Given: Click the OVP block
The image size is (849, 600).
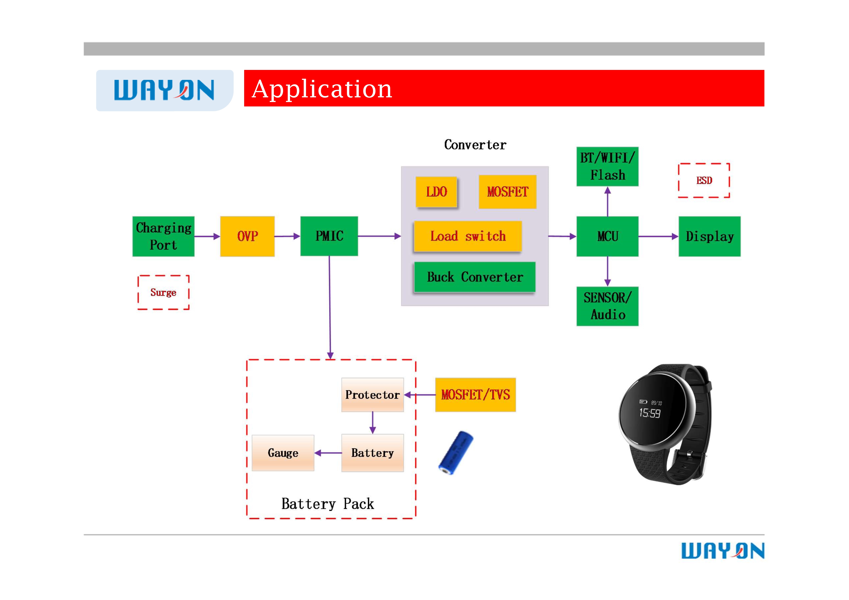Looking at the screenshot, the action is click(247, 236).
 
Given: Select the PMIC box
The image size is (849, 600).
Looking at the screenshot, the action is click(329, 236).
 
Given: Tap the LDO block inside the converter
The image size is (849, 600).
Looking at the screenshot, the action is click(436, 192).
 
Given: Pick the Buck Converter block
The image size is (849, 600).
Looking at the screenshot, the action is click(475, 277).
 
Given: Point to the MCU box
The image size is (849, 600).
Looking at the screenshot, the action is click(608, 236).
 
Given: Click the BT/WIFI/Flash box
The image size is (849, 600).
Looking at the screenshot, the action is click(608, 166).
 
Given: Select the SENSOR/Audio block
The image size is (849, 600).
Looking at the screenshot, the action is click(608, 306).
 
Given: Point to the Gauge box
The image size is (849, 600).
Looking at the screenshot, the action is click(283, 453).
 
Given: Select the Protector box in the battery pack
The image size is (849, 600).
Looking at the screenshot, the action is click(372, 395).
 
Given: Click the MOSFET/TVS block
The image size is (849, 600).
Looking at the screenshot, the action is click(475, 395).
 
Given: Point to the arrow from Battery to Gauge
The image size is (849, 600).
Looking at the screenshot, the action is click(328, 453).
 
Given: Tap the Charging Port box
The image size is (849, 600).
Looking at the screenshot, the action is click(163, 236).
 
